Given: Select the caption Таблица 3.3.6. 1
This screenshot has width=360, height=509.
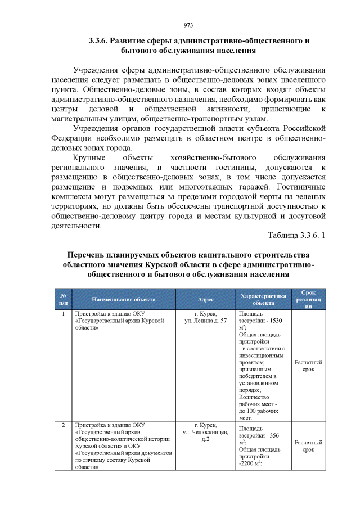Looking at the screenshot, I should [x=296, y=235].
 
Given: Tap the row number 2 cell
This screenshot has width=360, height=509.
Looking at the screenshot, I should [x=64, y=425].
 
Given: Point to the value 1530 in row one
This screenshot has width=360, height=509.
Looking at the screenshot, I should [x=277, y=321].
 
